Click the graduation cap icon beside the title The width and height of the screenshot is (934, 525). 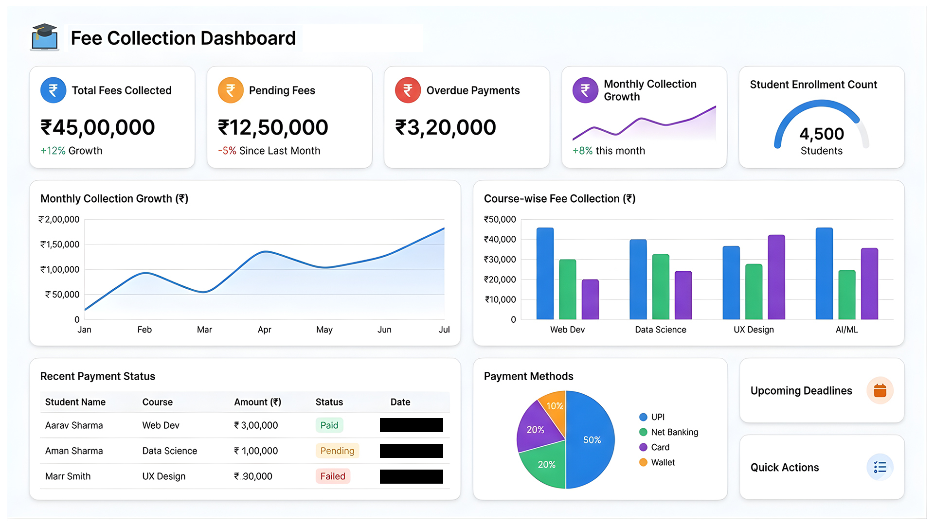point(45,37)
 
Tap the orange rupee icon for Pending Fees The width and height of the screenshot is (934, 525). point(231,90)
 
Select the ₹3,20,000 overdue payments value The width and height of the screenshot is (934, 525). point(446,127)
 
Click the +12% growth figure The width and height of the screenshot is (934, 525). point(53,151)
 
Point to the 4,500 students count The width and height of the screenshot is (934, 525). point(822,134)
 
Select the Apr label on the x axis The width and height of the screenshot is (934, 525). point(264,330)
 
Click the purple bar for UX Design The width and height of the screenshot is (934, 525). point(776,277)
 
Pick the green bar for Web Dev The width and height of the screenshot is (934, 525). point(568,289)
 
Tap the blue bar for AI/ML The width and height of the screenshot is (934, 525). point(824,273)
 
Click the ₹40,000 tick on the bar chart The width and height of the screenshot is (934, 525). point(500,239)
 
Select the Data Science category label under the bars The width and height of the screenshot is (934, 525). point(661,330)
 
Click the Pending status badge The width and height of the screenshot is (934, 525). point(337,451)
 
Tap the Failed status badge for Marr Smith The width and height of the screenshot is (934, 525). point(333,476)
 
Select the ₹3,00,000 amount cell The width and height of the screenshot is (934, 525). point(256,425)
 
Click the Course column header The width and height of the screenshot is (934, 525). point(158,402)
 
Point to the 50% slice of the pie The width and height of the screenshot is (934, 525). point(591,440)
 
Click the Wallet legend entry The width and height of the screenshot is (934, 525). point(658,462)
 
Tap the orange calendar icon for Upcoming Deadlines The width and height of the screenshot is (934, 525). point(880,390)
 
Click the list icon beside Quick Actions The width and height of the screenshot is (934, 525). point(880,467)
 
